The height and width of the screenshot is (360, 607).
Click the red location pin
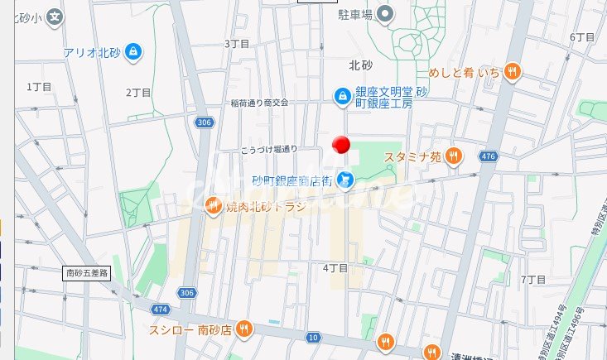[340, 146]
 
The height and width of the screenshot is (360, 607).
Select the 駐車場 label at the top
[354, 13]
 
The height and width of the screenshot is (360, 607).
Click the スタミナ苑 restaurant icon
[453, 156]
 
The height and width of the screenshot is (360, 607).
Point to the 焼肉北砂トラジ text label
[265, 206]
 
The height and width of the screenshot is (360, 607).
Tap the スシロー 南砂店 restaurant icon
[243, 330]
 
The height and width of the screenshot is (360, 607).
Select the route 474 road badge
[137, 309]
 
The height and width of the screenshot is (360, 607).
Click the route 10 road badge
[312, 337]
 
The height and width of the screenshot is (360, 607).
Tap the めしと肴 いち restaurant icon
[513, 73]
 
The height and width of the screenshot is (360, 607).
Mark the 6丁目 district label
[582, 38]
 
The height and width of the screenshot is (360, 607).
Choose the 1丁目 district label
[39, 86]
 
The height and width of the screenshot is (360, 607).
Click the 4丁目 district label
[335, 268]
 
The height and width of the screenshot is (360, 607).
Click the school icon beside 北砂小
[55, 16]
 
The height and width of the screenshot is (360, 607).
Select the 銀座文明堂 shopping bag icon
[340, 97]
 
